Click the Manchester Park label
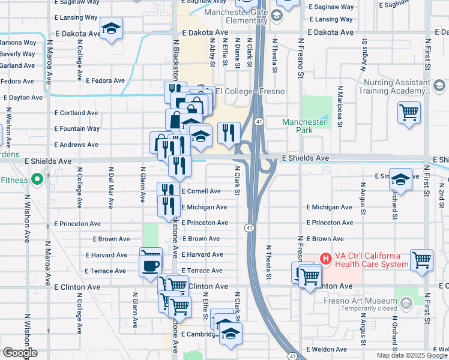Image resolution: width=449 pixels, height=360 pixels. point(304,126)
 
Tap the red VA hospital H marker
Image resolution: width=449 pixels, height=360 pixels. point(325,259)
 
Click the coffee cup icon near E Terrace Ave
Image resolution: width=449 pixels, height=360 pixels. point(151,265)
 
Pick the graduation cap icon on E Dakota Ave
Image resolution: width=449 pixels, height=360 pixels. point(111,29)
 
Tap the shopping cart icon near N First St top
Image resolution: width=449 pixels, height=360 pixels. point(409,112)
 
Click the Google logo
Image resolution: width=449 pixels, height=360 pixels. point(19,353)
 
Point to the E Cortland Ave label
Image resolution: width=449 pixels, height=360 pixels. point(76,113)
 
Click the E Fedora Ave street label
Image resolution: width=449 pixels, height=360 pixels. point(105,80)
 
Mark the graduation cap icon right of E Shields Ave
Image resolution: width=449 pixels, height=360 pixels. point(400,179)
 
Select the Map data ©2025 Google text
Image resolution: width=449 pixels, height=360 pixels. point(411,355)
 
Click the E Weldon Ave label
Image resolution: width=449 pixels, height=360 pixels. point(326,349)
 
